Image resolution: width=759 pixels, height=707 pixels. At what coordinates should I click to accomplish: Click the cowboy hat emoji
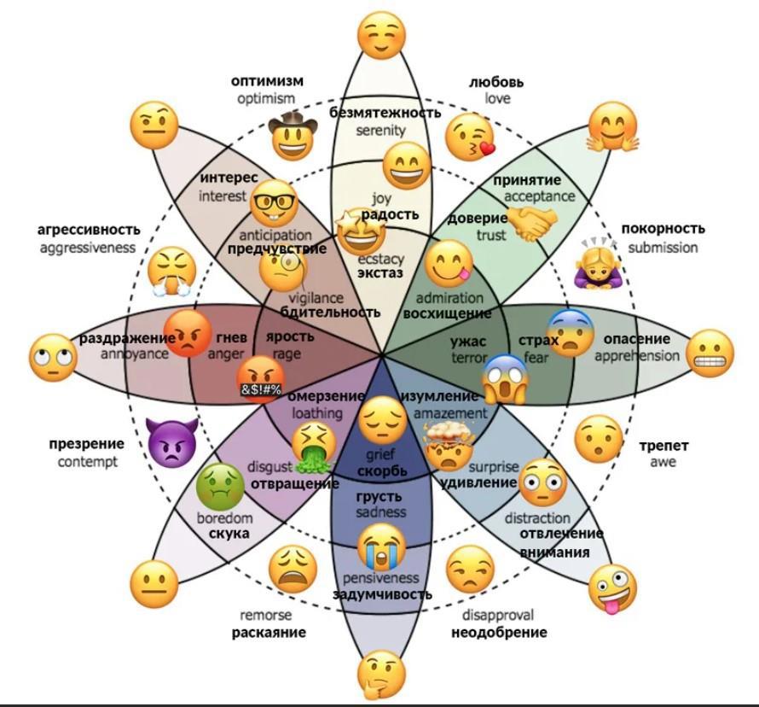pyautogui.click(x=293, y=133)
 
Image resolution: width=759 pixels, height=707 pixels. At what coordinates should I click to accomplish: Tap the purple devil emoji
pyautogui.click(x=172, y=441)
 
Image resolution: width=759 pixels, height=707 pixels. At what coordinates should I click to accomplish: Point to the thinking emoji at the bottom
pyautogui.click(x=380, y=674)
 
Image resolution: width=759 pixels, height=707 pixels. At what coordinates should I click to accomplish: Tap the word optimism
pyautogui.click(x=266, y=99)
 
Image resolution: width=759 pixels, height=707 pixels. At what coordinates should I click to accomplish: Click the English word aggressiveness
pyautogui.click(x=87, y=247)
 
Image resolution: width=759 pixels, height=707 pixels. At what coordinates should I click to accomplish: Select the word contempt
pyautogui.click(x=87, y=462)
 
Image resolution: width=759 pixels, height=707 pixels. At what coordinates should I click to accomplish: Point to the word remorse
pyautogui.click(x=265, y=615)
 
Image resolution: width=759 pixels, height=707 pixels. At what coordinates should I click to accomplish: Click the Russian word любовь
pyautogui.click(x=496, y=82)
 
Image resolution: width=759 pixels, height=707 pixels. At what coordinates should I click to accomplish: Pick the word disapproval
pyautogui.click(x=498, y=615)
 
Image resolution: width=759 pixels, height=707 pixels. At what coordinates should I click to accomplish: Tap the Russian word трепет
pyautogui.click(x=663, y=446)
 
